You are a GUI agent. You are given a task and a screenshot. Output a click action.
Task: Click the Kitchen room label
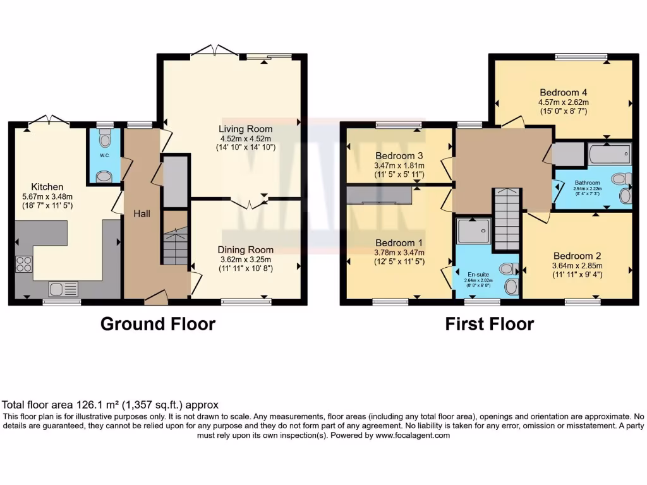[47, 186]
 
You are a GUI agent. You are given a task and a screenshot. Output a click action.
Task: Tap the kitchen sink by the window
[63, 289]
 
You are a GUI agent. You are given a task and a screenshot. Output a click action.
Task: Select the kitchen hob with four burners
[24, 264]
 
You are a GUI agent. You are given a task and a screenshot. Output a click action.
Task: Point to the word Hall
[142, 215]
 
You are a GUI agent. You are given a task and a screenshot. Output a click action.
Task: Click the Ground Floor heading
[158, 325]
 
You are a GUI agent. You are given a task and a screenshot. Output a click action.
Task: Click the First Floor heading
[490, 325]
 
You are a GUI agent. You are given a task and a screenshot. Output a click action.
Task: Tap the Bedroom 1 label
[399, 242]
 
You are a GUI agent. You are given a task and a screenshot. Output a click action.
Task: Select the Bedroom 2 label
[577, 256]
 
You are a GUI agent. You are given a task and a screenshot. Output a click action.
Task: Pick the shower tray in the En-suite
[474, 231]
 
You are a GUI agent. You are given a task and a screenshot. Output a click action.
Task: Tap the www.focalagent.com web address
[413, 436]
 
